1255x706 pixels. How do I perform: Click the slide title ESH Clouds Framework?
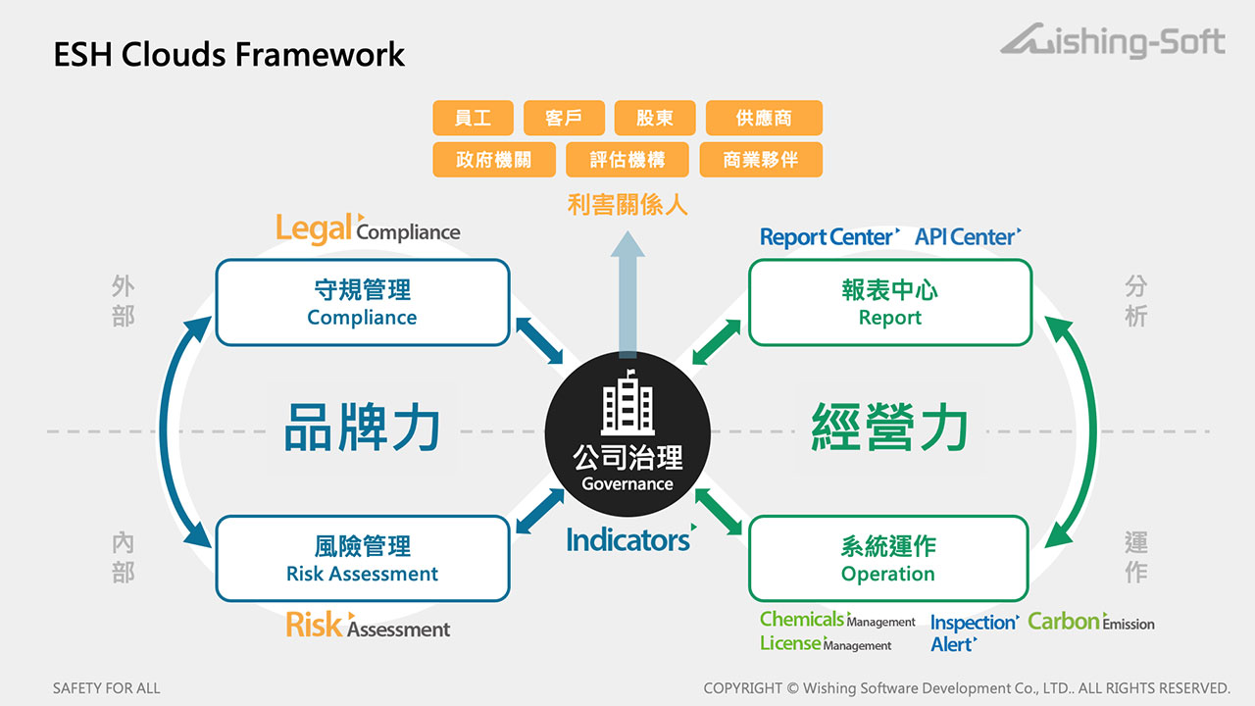click(228, 54)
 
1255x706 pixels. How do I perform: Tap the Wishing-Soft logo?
click(1113, 43)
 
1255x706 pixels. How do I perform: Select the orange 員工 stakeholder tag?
click(473, 118)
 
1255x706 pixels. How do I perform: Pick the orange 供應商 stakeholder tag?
click(764, 118)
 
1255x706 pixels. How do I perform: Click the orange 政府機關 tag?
click(493, 160)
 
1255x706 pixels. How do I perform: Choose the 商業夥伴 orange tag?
click(760, 160)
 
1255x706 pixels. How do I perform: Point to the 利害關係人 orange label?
click(627, 204)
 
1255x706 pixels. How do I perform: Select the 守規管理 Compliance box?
click(362, 302)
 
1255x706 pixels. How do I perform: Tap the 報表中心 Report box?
click(889, 302)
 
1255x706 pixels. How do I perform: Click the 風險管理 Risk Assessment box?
click(362, 558)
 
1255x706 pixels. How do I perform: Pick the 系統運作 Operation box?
click(888, 558)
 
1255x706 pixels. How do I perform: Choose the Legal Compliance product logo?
click(368, 228)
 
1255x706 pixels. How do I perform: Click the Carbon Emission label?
click(1090, 622)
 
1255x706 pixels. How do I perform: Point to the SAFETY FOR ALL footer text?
click(106, 688)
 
